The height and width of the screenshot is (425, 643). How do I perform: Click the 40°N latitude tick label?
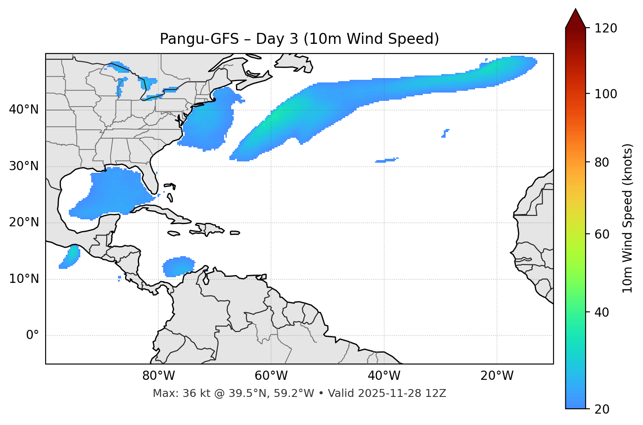pos(24,110)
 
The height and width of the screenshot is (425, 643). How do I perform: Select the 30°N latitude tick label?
pos(24,166)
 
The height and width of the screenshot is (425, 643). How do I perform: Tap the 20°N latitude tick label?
pos(24,222)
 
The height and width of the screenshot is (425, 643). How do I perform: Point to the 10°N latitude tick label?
pos(24,279)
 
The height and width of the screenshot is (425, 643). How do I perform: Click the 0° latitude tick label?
pos(32,336)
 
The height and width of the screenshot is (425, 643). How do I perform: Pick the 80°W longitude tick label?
pos(158,376)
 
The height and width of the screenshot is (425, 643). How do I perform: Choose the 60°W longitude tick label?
pos(271,376)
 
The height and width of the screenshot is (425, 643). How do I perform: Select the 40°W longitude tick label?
pos(384,376)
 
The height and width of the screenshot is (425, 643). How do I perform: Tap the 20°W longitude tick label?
pos(497,376)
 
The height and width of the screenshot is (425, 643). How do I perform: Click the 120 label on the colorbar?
pos(606,29)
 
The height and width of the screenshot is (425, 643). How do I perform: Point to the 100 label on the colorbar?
pos(606,94)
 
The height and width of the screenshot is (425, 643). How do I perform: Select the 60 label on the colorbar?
pos(602,234)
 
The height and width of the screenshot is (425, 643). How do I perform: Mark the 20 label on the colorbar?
pos(602,409)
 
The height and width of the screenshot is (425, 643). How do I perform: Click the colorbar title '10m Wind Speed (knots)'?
pos(628,218)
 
